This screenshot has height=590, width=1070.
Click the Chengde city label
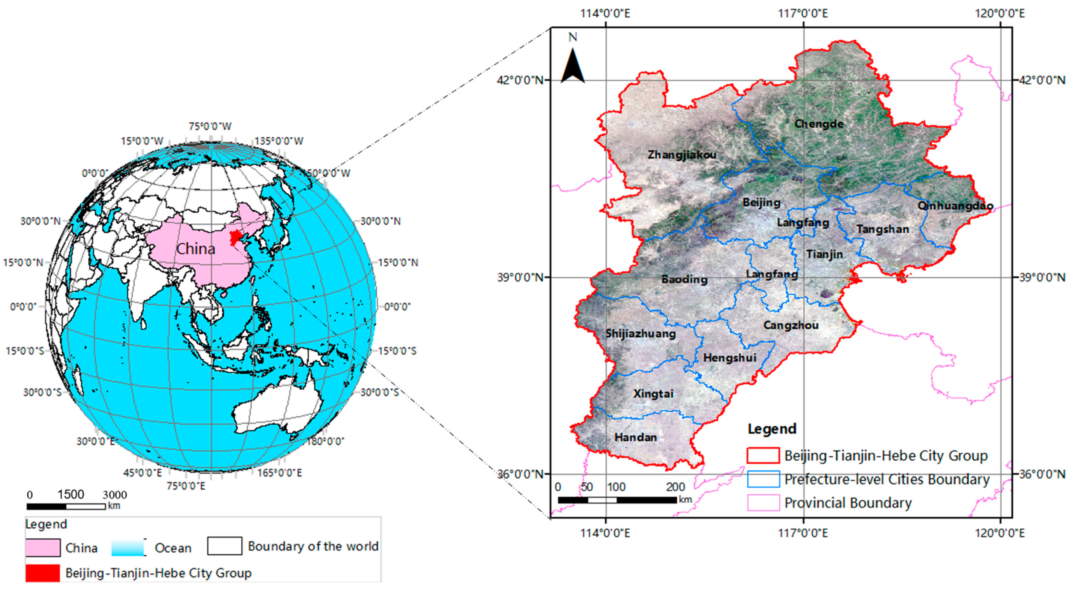tap(819, 124)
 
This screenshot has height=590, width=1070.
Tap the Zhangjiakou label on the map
tap(682, 155)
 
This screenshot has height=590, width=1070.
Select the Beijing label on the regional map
tap(761, 203)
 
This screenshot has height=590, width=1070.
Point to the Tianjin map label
tap(824, 254)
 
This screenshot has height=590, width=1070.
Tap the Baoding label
tap(684, 280)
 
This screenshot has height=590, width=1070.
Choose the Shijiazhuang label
tap(640, 333)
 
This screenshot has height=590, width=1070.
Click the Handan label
tap(635, 437)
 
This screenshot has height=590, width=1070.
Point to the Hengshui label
tap(729, 358)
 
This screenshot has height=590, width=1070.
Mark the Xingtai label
tap(653, 394)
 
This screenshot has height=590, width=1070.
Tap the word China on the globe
tap(196, 249)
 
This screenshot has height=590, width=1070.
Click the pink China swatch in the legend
tap(42, 548)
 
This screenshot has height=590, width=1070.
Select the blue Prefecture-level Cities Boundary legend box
tap(763, 479)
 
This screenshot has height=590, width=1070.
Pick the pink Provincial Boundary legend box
tap(763, 503)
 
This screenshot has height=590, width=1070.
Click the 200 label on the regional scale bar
tap(675, 487)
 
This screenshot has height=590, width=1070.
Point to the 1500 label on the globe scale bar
tap(71, 494)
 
